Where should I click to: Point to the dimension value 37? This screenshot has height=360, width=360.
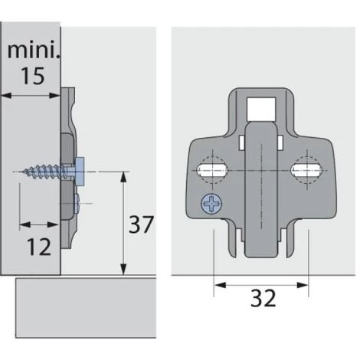[x=140, y=224]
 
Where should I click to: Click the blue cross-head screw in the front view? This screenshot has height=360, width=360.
[x=207, y=204]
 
